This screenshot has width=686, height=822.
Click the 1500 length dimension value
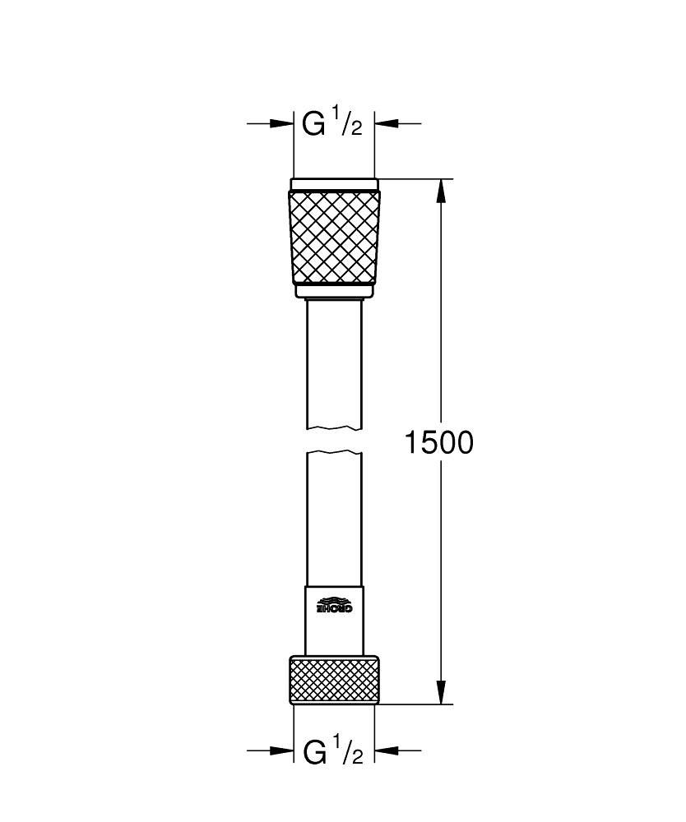pos(438,443)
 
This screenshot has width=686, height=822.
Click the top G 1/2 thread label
pos(332,124)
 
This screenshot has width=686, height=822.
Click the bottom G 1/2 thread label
pos(332,750)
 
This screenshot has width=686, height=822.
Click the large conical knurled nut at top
pos(335,237)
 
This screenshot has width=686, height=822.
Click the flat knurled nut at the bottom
pos(335,679)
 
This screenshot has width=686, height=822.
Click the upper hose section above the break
pos(335,362)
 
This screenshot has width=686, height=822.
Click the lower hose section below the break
pos(335,518)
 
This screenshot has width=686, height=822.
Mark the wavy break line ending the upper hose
pos(335,427)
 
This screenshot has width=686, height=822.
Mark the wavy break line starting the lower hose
pos(335,452)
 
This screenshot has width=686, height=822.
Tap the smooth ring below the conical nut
pos(335,291)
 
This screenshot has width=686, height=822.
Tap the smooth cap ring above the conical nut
pos(335,184)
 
